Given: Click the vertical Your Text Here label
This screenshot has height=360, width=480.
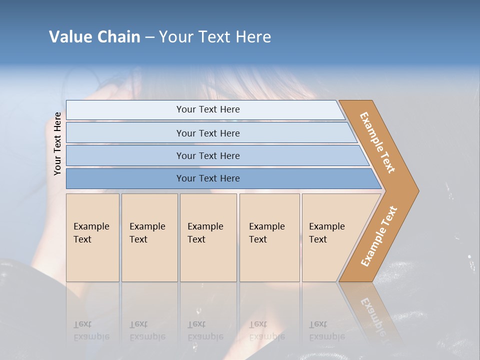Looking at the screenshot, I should (57, 143).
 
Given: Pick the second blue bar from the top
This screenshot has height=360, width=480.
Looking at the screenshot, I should (208, 133).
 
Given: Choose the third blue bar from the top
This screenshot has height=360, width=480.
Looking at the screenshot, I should (208, 155).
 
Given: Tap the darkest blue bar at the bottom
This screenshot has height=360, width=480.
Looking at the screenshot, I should (208, 178).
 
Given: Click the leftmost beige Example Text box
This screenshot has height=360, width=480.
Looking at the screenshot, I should (92, 237).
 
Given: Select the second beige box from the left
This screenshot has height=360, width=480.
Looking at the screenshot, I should (149, 237).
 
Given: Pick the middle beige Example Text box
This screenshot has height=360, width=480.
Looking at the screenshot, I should (208, 237).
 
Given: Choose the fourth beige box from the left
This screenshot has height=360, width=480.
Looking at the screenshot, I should (269, 237).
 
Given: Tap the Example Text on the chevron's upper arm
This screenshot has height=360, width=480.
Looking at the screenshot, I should (377, 142).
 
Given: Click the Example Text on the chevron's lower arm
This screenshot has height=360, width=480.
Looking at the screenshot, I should (379, 236).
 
